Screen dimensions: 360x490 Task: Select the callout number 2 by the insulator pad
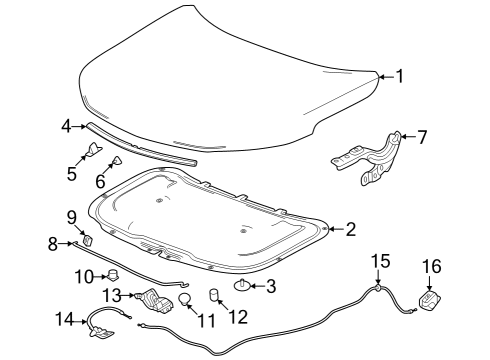350,230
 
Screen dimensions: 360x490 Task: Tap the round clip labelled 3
243,287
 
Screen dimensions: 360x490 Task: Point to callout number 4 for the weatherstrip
66,126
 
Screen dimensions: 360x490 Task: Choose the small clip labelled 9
88,239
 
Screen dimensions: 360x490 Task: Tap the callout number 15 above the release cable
379,261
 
